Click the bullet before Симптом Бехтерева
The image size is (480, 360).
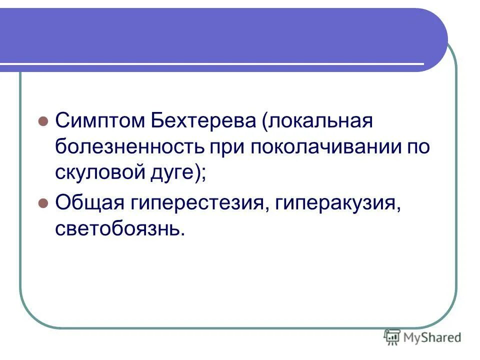coord(43,121)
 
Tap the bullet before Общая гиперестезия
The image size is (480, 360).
coord(43,204)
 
